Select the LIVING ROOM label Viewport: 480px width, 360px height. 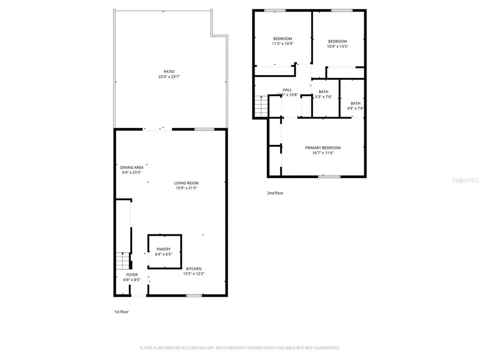[x=186, y=183]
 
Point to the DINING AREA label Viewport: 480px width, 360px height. [x=132, y=167]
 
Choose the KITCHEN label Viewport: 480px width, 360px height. [x=194, y=269]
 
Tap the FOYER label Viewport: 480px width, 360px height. [x=132, y=275]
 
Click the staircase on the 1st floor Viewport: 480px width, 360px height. [x=122, y=260]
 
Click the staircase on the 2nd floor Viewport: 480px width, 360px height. [x=261, y=106]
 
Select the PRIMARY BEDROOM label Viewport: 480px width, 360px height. [x=322, y=148]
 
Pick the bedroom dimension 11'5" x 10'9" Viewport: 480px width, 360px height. [x=282, y=44]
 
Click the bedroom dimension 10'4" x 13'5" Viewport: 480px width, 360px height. [x=337, y=46]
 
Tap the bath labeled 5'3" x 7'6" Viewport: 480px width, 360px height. [x=323, y=94]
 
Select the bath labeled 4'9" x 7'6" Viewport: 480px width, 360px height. [x=355, y=106]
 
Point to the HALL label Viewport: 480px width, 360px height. [x=287, y=90]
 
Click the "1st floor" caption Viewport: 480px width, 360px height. [x=121, y=312]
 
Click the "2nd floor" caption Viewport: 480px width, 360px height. [x=275, y=193]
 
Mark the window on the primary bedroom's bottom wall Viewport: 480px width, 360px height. [x=329, y=177]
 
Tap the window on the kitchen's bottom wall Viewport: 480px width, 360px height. [x=194, y=295]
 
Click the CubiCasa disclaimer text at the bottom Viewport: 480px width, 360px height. [x=240, y=348]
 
